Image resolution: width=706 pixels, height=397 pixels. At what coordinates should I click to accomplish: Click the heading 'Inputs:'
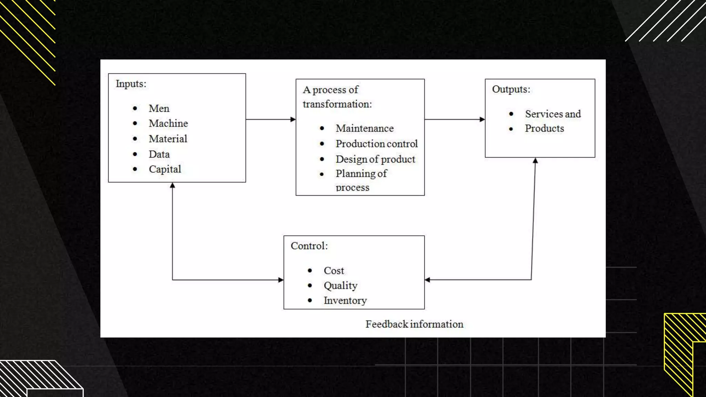[x=131, y=84]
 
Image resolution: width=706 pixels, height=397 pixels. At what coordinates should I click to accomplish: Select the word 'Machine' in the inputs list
[x=168, y=123]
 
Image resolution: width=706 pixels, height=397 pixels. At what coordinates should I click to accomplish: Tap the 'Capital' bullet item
[x=165, y=169]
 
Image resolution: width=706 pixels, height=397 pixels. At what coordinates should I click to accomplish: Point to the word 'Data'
[x=159, y=154]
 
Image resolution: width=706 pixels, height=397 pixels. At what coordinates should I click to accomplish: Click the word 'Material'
[x=168, y=139]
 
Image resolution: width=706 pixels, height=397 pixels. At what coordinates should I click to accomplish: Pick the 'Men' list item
[x=159, y=109]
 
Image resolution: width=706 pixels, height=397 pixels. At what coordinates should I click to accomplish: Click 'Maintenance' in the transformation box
[x=364, y=129]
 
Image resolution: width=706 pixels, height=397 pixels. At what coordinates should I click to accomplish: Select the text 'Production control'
[x=376, y=144]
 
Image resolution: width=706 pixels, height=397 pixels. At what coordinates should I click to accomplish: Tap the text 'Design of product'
[x=375, y=159]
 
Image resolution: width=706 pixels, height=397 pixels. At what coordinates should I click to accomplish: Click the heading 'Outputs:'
[x=511, y=89]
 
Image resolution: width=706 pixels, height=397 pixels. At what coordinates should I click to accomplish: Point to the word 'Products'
[x=544, y=129]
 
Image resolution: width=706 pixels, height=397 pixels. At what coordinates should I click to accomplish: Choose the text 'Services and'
[x=553, y=114]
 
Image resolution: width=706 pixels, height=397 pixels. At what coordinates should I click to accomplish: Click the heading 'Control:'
[x=309, y=246]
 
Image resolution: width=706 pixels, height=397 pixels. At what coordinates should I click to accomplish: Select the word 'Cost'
[x=334, y=271]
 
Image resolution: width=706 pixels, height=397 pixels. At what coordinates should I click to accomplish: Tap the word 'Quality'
[x=340, y=286]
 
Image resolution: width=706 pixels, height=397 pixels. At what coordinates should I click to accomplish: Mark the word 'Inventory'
[x=345, y=301]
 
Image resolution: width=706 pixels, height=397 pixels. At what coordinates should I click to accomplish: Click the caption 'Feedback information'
[x=414, y=324]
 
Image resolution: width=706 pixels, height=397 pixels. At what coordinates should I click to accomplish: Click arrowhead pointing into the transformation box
[x=293, y=120]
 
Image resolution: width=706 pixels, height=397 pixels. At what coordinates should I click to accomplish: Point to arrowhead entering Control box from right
[x=427, y=280]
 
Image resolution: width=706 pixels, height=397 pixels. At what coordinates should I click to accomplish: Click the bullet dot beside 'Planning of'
[x=322, y=174]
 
